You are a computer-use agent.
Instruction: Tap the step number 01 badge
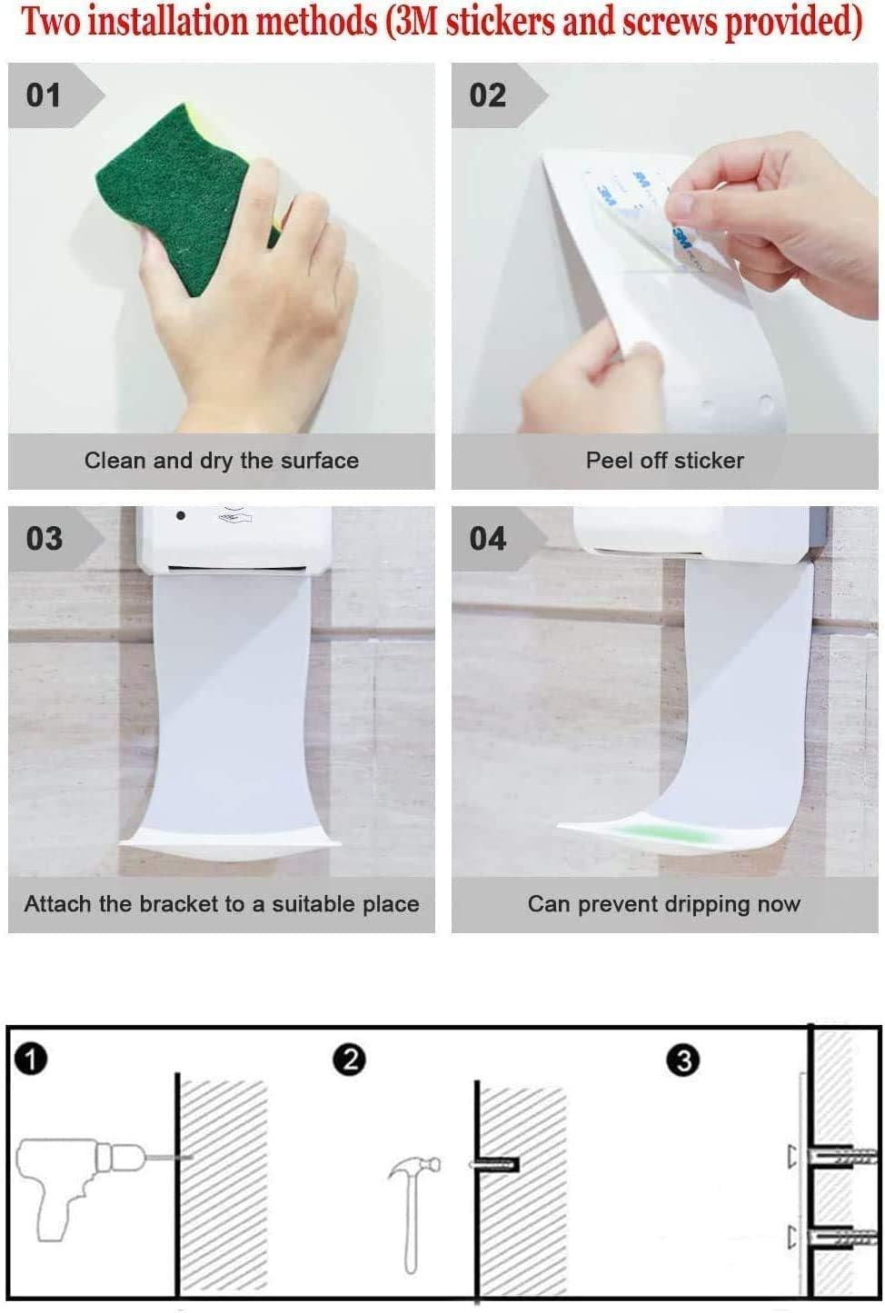45,95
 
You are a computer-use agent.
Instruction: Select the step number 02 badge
488,95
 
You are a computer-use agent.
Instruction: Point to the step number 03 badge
45,538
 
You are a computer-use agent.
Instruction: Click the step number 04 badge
488,538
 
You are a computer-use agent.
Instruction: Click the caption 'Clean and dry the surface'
221,461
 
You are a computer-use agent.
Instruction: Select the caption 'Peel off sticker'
664,461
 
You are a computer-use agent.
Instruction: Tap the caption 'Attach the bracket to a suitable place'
221,904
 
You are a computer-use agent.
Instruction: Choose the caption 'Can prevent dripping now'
664,904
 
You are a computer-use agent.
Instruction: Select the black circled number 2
349,1059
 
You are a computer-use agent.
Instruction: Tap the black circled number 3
683,1059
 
